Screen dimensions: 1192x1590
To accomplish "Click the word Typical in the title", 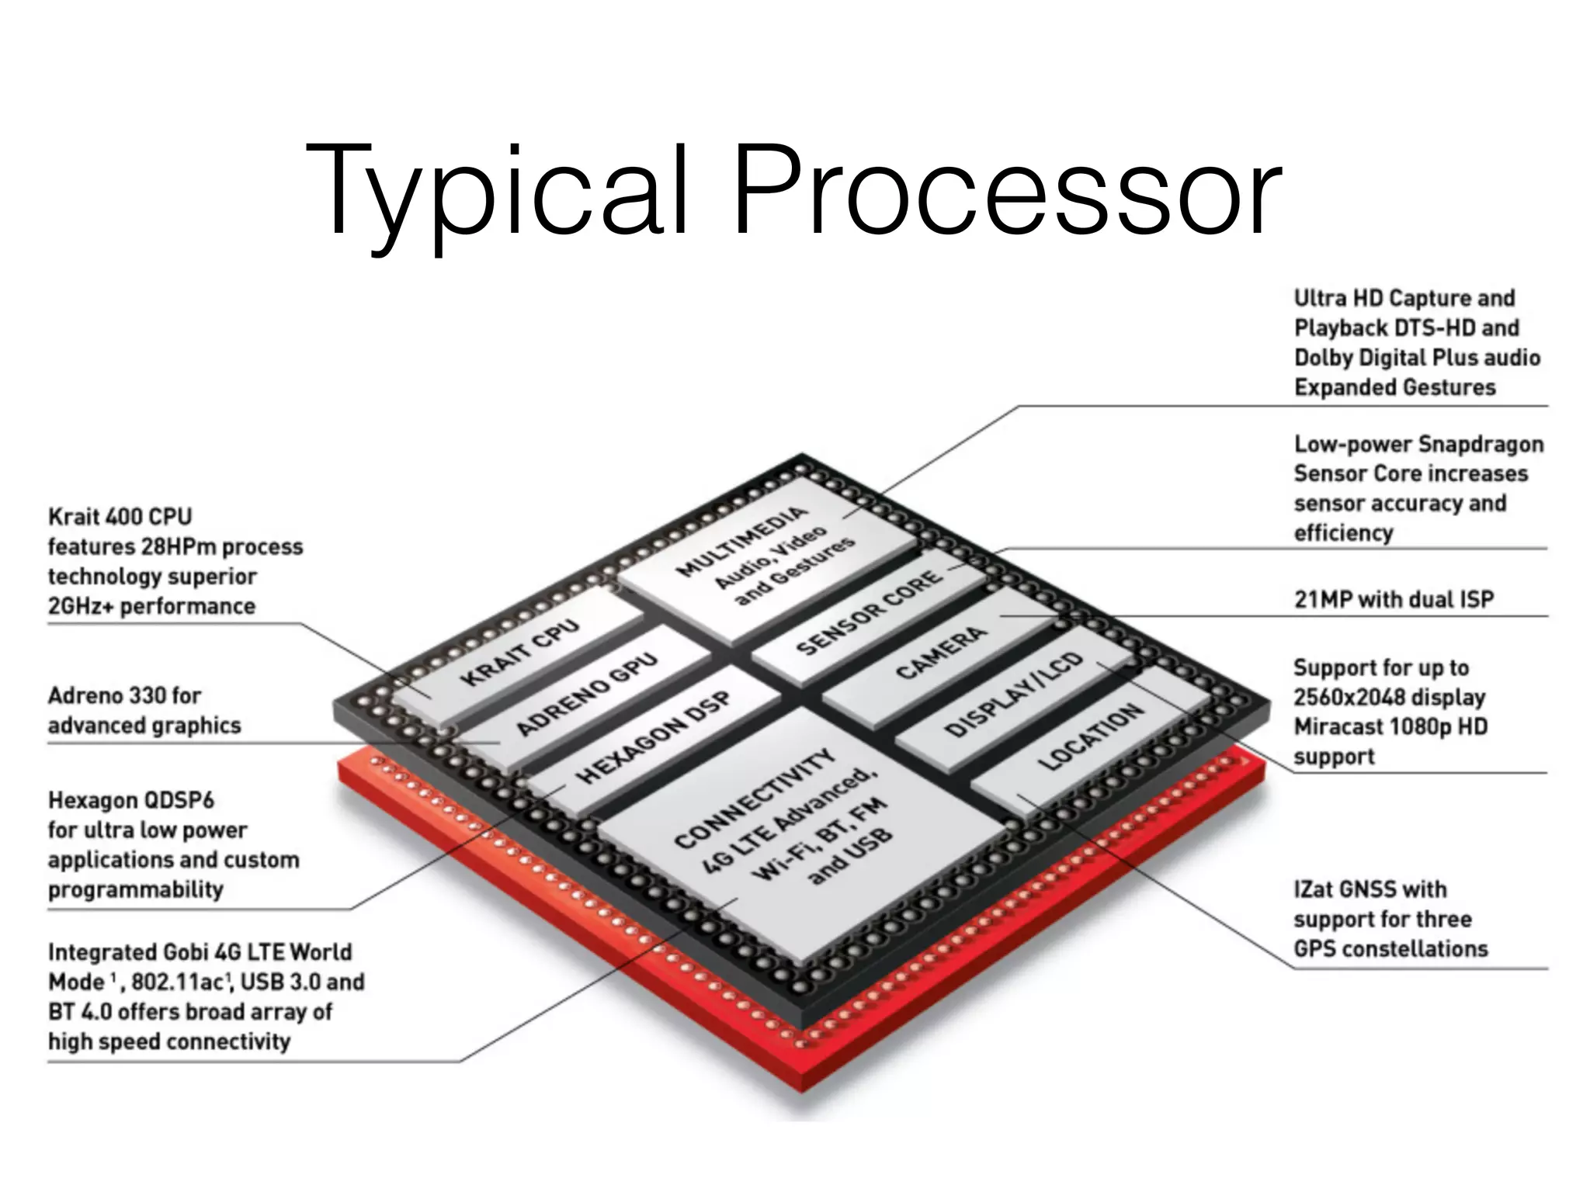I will tap(497, 190).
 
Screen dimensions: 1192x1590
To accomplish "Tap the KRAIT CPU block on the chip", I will tap(519, 652).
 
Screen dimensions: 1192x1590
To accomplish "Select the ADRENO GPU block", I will tap(587, 693).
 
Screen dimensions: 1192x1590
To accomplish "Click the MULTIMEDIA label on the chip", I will tap(741, 541).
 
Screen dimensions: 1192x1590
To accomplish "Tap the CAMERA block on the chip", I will tap(940, 653).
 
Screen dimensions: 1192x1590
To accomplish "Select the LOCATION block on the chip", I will tap(1090, 737).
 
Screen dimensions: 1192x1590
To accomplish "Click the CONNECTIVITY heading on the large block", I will tap(754, 799).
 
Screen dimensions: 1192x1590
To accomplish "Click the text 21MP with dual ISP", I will tap(1394, 599).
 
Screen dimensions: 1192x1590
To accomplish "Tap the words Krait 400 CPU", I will tap(120, 517).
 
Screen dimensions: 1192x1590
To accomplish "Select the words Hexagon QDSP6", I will tap(130, 800).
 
